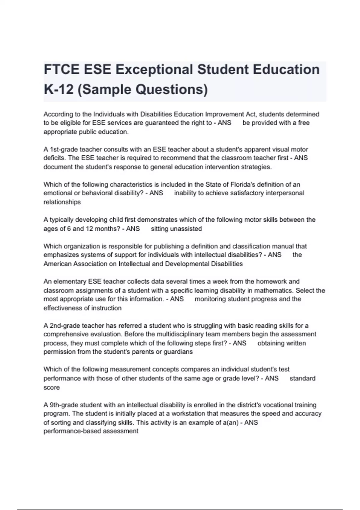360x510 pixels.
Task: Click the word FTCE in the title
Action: point(61,70)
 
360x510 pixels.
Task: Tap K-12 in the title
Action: point(58,89)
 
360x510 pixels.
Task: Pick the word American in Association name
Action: point(57,264)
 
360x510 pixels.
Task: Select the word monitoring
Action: point(210,299)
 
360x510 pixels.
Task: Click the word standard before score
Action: point(302,378)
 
